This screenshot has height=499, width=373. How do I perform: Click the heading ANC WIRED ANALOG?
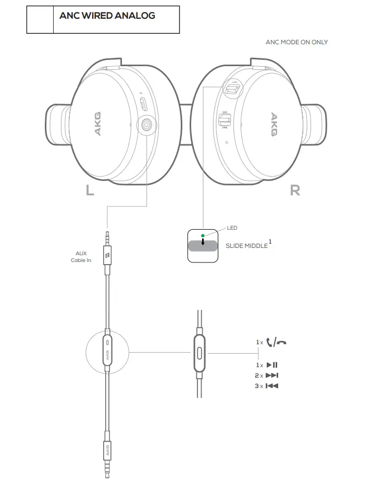(107, 16)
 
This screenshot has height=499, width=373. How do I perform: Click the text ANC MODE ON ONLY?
(296, 42)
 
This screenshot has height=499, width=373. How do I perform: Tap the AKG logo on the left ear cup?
(97, 125)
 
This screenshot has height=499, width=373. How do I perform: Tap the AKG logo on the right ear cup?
(273, 125)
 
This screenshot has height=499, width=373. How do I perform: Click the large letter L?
(90, 191)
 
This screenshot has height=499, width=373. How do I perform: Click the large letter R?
(295, 191)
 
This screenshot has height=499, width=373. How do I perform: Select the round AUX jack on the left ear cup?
(147, 125)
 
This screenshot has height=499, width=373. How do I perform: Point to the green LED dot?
(203, 235)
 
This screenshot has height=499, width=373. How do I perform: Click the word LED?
(232, 228)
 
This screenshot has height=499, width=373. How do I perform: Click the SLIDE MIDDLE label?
(246, 245)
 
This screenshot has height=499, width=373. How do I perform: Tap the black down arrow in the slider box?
(203, 243)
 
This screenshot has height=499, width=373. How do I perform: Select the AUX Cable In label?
(81, 256)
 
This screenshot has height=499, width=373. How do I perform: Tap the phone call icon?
(276, 342)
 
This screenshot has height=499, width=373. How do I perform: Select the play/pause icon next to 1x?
(272, 365)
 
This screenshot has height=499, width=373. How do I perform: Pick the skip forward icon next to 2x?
(272, 376)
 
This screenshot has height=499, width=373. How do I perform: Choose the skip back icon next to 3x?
(272, 386)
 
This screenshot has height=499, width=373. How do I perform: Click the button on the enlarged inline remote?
(199, 354)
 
